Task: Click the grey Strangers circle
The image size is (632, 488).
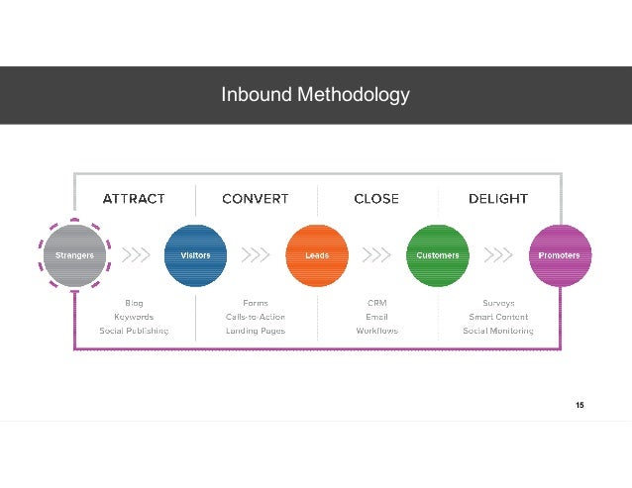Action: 74,255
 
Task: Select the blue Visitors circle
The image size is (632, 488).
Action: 194,255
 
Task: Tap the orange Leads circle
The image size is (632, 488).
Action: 316,255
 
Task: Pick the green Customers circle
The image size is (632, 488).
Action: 438,255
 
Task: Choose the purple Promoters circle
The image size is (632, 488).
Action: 560,255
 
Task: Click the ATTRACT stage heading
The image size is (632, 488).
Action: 134,199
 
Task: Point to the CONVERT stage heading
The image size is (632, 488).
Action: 256,199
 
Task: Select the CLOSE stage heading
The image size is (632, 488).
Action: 376,199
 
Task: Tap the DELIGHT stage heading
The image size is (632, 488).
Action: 498,199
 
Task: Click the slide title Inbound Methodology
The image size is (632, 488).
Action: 315,95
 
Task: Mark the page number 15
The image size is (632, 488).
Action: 579,406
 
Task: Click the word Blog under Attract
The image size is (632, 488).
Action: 134,303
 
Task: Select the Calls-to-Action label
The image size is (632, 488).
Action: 256,317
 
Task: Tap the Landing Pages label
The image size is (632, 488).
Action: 256,331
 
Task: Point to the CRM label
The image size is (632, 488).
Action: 376,303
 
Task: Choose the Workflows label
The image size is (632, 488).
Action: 376,331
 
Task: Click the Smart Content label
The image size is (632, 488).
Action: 498,317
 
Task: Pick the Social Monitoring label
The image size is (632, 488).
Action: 498,331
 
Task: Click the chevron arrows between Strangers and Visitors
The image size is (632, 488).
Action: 135,255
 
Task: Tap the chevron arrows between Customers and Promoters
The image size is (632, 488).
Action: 498,255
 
